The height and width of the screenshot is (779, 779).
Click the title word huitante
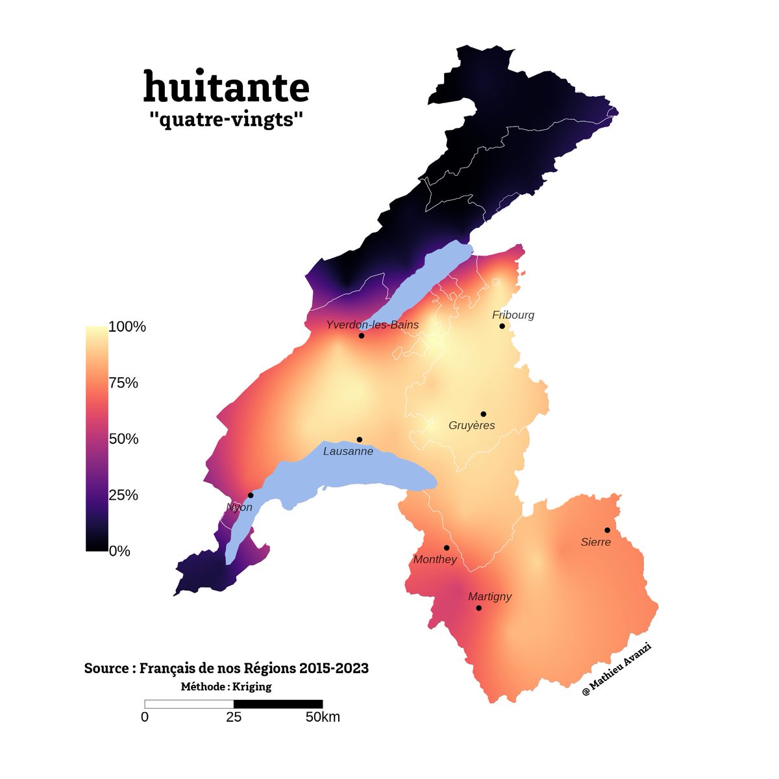pos(226,87)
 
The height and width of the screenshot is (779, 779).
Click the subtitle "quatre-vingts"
pos(226,120)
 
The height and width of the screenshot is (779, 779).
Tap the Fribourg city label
pos(513,315)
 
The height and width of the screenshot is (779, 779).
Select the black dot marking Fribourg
pos(502,326)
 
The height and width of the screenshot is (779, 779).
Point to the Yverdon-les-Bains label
pos(372,325)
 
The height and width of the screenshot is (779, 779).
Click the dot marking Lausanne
pos(360,439)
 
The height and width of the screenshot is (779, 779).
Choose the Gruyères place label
pos(471,426)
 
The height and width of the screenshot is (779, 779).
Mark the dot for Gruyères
pos(483,414)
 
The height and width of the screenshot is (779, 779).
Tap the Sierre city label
pos(595,542)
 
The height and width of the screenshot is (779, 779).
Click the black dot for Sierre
pos(607,530)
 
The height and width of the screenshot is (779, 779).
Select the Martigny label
pos(490,597)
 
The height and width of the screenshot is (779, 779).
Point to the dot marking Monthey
pos(446,548)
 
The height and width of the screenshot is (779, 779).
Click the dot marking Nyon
pos(251,495)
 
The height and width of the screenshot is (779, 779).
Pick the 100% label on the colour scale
pos(127,327)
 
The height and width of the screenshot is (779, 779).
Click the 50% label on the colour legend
pos(123,439)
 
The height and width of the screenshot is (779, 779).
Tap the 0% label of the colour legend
pos(119,552)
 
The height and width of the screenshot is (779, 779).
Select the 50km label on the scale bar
pos(322,717)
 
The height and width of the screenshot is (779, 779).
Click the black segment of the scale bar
pos(278,704)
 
